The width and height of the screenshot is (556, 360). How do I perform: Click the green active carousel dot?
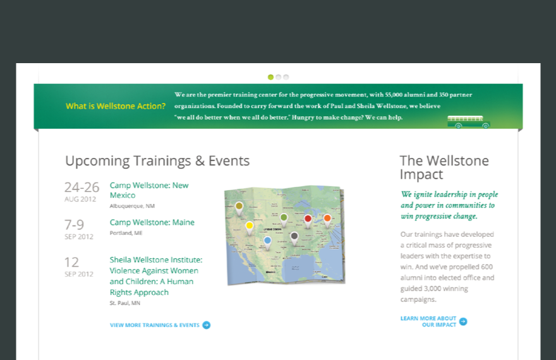(270, 77)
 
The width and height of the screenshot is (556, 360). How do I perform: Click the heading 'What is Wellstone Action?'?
(116, 106)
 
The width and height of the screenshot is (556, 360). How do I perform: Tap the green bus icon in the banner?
(468, 121)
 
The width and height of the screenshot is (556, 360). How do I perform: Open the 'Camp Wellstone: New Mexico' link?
(149, 190)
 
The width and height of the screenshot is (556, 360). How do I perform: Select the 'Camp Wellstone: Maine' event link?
(152, 222)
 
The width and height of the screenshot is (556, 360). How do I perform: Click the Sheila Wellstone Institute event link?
(156, 276)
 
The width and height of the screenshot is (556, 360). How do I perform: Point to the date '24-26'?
(82, 187)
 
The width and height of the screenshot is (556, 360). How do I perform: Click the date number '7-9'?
(74, 225)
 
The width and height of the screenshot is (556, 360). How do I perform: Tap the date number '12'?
(71, 262)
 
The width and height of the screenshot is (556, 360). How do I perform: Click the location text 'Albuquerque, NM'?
(132, 206)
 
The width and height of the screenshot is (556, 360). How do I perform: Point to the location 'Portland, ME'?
(126, 233)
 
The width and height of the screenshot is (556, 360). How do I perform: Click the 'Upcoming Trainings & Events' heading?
(157, 161)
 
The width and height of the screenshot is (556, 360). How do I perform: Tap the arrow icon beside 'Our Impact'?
(463, 321)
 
